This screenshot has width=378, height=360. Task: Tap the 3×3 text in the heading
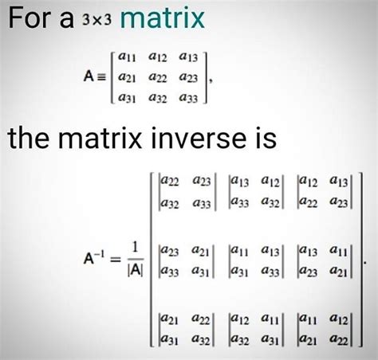coord(96,19)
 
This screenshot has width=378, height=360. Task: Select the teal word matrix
coord(162,18)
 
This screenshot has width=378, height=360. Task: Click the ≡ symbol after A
coord(101,77)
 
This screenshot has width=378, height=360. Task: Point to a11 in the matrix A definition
coord(127,57)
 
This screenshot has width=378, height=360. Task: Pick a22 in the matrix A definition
coord(158,77)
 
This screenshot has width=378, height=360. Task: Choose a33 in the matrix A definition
coord(188,98)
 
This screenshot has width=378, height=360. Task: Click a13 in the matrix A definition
coord(188,57)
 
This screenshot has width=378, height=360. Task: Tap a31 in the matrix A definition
coord(127,98)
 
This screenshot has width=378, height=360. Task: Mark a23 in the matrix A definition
coord(188,77)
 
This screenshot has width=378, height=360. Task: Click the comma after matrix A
coord(211,80)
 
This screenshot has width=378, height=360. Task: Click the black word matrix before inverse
coord(100,138)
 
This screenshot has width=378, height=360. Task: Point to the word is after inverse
coord(265,138)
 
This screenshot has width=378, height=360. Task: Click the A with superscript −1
coord(92,257)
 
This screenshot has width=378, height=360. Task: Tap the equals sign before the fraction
coord(116,259)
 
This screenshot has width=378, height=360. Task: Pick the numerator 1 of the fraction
coord(136,247)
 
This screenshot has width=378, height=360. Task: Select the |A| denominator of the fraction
coord(136,270)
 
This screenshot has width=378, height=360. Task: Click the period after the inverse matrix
coord(365,263)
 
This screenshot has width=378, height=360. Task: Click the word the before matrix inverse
coord(28,138)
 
